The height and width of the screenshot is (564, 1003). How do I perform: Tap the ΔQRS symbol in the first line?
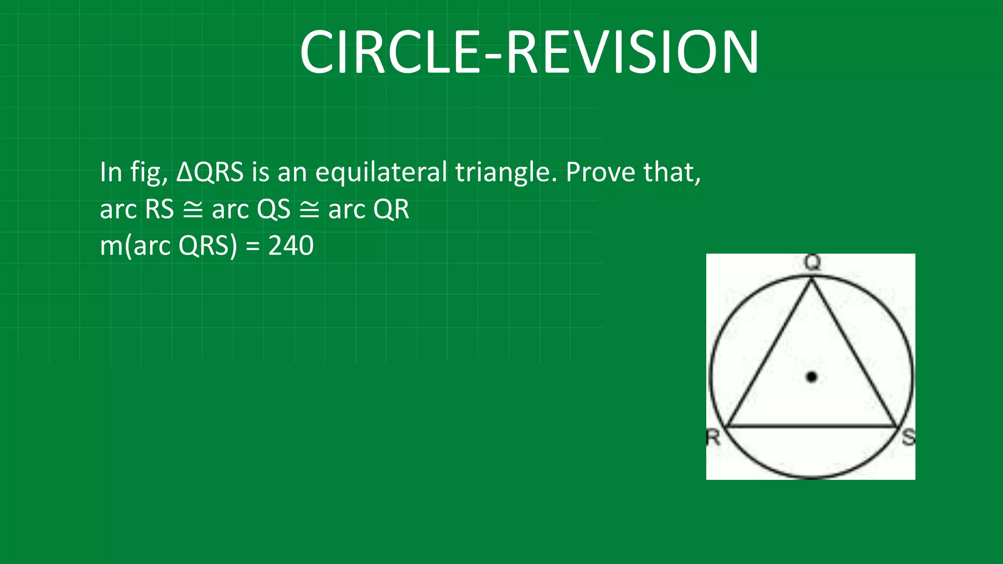(x=210, y=172)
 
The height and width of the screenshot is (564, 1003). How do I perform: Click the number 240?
(x=291, y=246)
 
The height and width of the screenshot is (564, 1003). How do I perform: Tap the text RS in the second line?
(x=160, y=210)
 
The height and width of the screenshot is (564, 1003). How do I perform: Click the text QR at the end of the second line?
(x=391, y=210)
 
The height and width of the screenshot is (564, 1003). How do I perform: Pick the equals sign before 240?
(x=253, y=246)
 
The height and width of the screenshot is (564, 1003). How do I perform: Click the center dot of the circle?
(x=812, y=377)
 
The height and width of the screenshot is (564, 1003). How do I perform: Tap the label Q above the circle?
(x=812, y=263)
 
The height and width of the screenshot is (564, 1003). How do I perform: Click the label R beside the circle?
(x=713, y=437)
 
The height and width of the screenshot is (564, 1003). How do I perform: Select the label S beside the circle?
(x=908, y=437)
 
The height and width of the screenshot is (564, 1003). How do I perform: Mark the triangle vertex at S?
(x=897, y=427)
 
